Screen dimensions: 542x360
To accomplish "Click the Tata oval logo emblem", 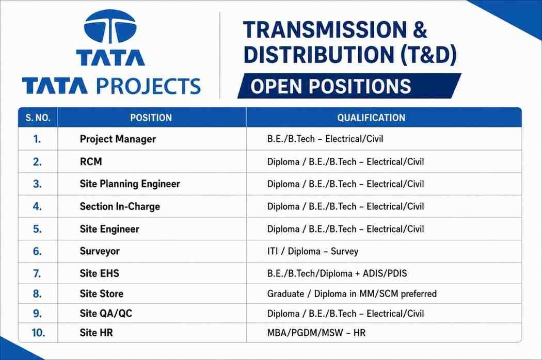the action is (110, 27).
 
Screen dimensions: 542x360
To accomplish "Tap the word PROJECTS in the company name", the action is (149, 86).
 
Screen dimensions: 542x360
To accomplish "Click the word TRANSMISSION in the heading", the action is (325, 29).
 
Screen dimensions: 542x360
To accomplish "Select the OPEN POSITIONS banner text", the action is (331, 86).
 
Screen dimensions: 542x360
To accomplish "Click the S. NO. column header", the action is (38, 118).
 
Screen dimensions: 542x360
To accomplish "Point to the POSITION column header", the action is (151, 118).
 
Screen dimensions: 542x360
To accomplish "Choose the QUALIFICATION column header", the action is (371, 118).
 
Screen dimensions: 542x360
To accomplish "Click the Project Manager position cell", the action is (118, 139).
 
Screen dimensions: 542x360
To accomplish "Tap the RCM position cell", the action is (91, 161).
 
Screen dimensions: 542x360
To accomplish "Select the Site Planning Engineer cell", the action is (130, 184).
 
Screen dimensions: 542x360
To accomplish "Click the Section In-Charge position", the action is (120, 207).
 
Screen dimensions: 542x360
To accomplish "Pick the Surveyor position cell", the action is (100, 251).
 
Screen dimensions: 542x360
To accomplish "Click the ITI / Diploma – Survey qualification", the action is (313, 251).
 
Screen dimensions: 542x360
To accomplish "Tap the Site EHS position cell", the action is (100, 273).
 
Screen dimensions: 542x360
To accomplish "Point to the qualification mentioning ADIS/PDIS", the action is (337, 274).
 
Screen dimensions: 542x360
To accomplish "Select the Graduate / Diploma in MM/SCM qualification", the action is (352, 293).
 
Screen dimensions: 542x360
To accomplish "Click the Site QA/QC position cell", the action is (106, 314).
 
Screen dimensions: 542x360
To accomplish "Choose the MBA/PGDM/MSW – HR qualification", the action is (316, 333).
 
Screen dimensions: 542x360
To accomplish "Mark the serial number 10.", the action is (38, 333).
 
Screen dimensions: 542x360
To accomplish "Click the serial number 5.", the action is (37, 229).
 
